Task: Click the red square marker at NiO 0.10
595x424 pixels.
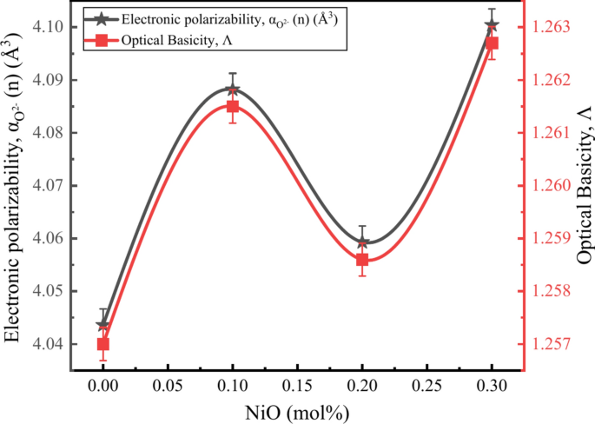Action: click(x=233, y=106)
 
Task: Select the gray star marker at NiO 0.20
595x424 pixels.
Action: click(x=362, y=242)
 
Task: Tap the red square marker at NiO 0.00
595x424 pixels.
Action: click(x=103, y=344)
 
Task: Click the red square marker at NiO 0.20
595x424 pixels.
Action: click(x=362, y=260)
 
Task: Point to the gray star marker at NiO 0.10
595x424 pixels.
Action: click(x=233, y=89)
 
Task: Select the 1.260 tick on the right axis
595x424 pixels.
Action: click(x=552, y=185)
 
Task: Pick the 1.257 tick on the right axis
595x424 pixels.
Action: click(x=552, y=344)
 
